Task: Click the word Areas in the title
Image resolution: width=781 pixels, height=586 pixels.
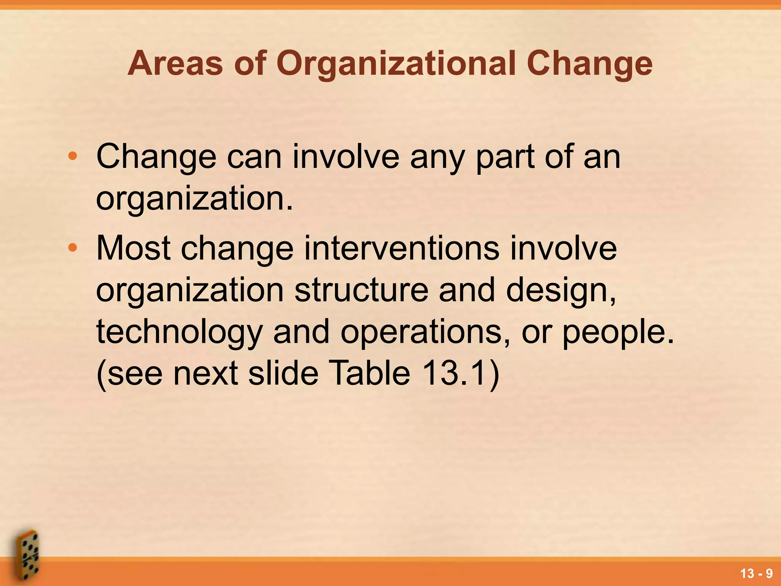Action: (175, 63)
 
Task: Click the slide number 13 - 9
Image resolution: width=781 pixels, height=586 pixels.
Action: (756, 573)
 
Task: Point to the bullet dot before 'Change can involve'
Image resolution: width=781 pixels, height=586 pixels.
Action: (72, 156)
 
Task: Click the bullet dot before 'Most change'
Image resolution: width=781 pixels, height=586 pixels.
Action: (72, 248)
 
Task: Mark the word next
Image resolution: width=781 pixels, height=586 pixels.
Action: (205, 374)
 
